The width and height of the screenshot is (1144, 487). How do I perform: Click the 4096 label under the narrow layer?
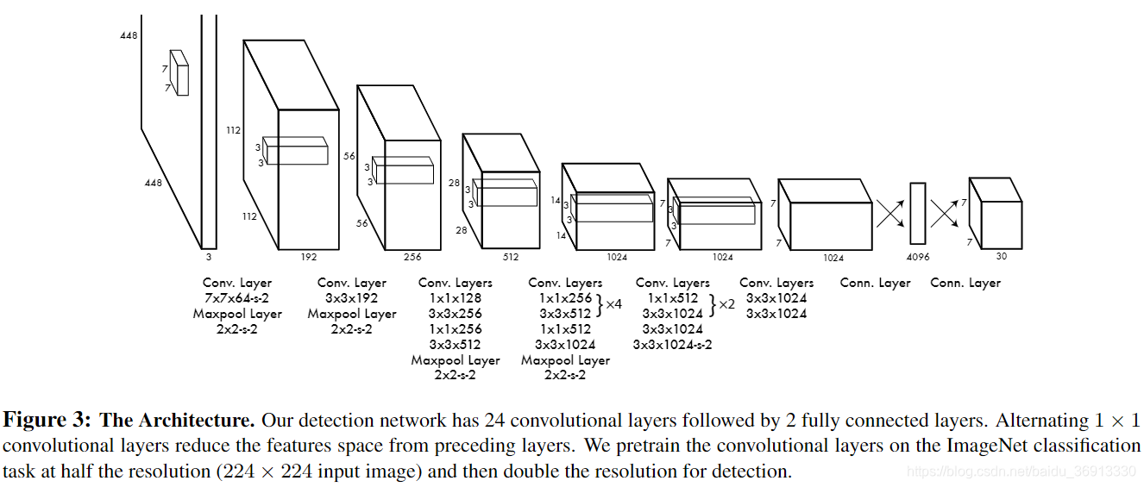(x=918, y=257)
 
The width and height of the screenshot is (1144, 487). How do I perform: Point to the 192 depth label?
(x=309, y=257)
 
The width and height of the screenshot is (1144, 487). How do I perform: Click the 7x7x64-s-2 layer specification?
(x=237, y=298)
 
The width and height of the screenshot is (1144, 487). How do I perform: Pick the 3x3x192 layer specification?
(x=352, y=298)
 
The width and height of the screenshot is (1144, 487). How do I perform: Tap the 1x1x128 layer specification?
(x=456, y=298)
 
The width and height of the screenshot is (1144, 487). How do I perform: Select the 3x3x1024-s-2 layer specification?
(x=673, y=345)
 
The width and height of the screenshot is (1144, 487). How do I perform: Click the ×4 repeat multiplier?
(x=614, y=304)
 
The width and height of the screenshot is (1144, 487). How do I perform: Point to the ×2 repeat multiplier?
(x=726, y=304)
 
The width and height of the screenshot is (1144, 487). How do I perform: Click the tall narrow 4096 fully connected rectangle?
(x=917, y=213)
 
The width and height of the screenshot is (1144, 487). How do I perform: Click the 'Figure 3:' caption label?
(x=47, y=421)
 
